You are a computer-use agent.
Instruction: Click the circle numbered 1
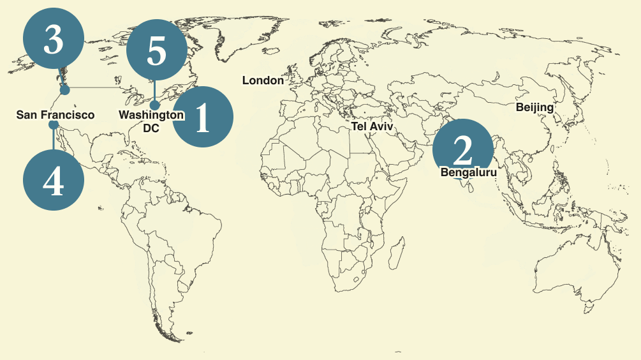pyautogui.click(x=203, y=117)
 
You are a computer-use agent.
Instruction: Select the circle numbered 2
pyautogui.click(x=462, y=149)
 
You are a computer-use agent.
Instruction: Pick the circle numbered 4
pyautogui.click(x=54, y=181)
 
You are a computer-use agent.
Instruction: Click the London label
pyautogui.click(x=263, y=80)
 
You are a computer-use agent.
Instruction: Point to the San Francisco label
pyautogui.click(x=55, y=115)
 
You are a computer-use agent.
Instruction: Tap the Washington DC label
pyautogui.click(x=151, y=121)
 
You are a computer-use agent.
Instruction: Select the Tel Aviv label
pyautogui.click(x=372, y=126)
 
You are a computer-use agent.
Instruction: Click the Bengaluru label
pyautogui.click(x=468, y=172)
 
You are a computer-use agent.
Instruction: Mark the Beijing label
pyautogui.click(x=534, y=107)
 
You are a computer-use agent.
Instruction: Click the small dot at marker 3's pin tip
pyautogui.click(x=64, y=90)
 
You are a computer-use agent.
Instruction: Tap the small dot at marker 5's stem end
pyautogui.click(x=155, y=105)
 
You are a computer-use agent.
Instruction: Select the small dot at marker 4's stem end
pyautogui.click(x=54, y=126)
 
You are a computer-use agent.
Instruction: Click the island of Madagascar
pyautogui.click(x=397, y=250)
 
